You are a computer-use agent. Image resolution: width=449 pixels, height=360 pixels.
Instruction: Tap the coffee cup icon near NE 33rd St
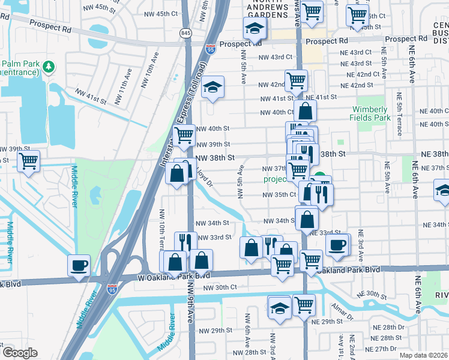[x=337, y=244]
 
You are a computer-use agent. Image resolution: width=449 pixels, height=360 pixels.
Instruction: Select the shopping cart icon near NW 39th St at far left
[x=28, y=161]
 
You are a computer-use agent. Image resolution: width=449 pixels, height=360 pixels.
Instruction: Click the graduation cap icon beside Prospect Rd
[x=255, y=28]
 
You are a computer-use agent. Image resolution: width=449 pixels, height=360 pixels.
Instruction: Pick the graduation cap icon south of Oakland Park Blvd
[x=279, y=307]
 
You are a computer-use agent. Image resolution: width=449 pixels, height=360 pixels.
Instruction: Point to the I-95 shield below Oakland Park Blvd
[x=112, y=290]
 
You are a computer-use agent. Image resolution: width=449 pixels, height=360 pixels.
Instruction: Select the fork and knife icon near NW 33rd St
[x=185, y=242]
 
